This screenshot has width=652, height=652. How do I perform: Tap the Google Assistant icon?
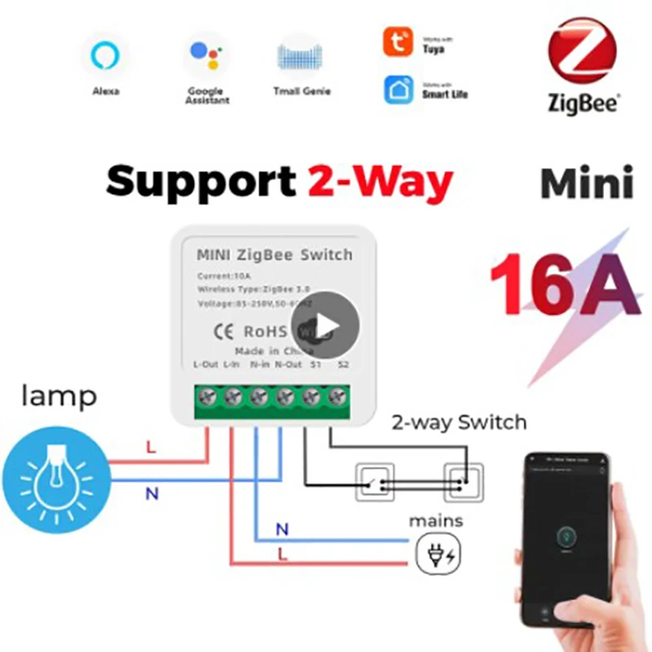tap(206, 55)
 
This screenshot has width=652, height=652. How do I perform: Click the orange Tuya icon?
tap(398, 42)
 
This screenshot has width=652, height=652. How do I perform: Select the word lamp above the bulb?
tap(59, 397)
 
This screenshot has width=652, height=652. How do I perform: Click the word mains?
tap(436, 520)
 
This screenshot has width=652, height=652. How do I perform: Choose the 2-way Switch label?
tap(459, 422)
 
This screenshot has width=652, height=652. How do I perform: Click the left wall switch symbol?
tap(374, 482)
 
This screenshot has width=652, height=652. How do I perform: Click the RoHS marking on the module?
tap(265, 331)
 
